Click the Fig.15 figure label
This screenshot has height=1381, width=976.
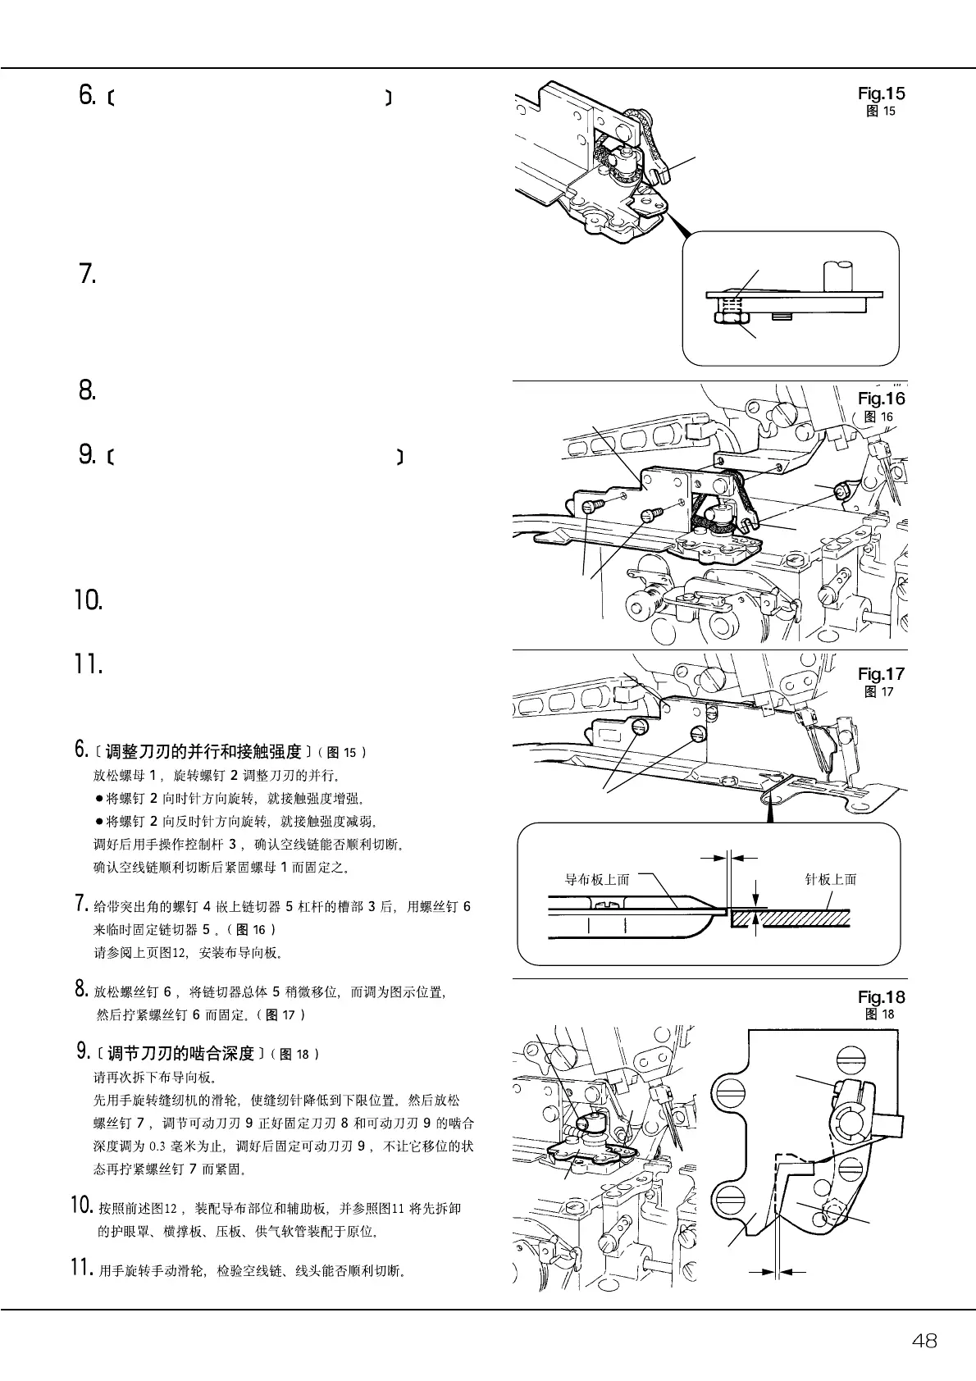coord(881,93)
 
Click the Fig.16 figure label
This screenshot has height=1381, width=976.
coord(881,399)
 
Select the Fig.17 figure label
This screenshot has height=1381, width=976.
coord(881,674)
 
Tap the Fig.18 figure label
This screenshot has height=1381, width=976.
coord(881,997)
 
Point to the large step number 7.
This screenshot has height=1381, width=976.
coord(88,274)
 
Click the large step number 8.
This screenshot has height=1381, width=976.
coord(88,390)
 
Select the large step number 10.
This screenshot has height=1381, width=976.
coord(89,600)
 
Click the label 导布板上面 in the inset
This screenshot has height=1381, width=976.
coord(597,880)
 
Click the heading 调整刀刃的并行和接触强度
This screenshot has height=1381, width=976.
coord(203,751)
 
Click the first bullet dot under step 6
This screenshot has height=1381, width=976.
coord(99,798)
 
